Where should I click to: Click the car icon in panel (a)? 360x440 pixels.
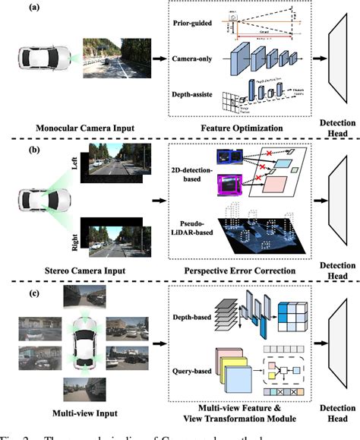33,60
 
